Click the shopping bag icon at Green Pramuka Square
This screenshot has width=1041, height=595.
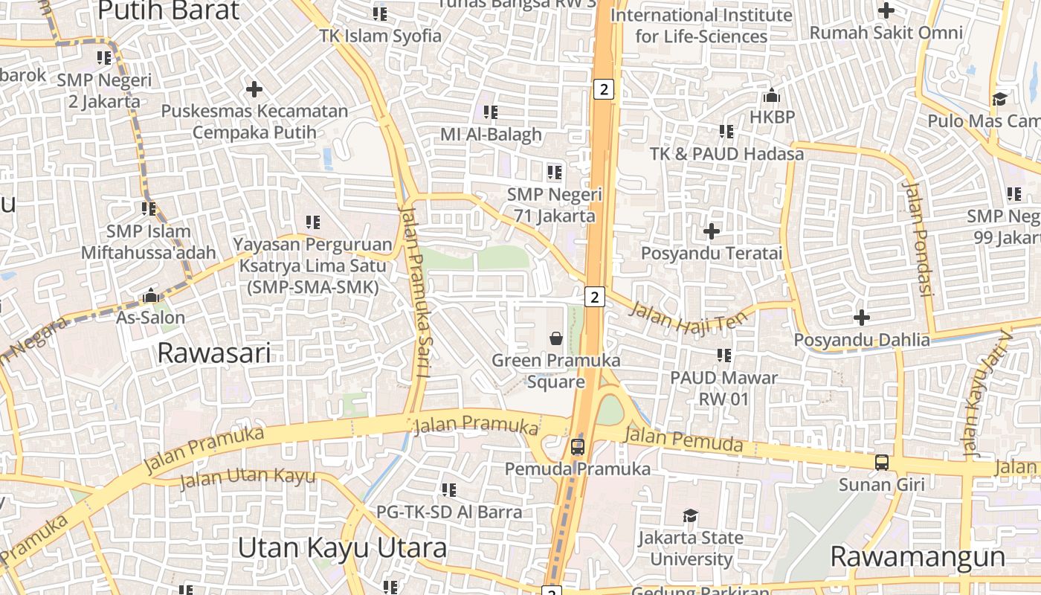click(555, 339)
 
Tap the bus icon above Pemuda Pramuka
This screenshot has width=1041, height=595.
click(578, 447)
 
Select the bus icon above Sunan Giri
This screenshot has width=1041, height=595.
click(881, 463)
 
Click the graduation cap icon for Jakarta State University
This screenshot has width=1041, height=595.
click(691, 515)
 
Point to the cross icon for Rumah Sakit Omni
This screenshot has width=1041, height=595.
click(886, 10)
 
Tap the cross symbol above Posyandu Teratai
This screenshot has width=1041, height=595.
click(712, 231)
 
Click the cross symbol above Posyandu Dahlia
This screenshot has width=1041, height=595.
click(862, 318)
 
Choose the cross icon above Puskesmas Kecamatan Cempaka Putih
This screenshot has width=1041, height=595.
click(254, 89)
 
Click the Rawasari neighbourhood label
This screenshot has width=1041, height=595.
click(214, 353)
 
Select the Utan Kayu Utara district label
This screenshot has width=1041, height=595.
click(342, 548)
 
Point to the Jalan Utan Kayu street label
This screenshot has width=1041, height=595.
click(248, 477)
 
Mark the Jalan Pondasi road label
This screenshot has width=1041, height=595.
click(918, 238)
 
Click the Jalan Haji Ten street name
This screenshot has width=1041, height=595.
click(687, 317)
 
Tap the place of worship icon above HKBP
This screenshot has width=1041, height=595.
click(771, 96)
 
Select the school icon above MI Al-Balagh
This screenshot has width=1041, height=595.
click(491, 112)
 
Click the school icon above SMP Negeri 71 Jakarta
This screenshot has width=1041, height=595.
click(555, 173)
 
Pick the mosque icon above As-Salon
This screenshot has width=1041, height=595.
click(151, 295)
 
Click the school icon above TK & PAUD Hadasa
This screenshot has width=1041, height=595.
click(726, 132)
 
